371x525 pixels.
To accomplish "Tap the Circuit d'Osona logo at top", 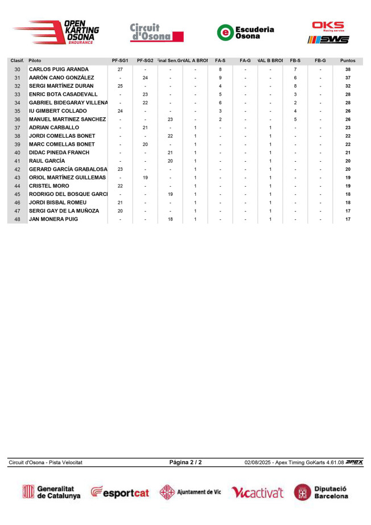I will click(157, 32).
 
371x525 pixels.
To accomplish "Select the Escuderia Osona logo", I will click(245, 32).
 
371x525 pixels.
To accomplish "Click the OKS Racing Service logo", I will click(328, 32).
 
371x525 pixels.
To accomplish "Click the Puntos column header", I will click(348, 60).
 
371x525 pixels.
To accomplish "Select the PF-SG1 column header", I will click(120, 60).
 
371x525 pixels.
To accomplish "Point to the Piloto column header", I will click(35, 60).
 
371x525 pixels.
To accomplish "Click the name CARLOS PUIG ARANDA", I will click(59, 69).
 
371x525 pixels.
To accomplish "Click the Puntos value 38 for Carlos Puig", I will click(348, 69).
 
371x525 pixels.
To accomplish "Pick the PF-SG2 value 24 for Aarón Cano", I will click(145, 78).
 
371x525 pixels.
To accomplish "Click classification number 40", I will click(17, 153).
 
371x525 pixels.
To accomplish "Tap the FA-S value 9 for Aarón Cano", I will click(220, 78).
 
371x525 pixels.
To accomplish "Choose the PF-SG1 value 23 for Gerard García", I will click(120, 170).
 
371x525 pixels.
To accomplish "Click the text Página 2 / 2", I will click(186, 462).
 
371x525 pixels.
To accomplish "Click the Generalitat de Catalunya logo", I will click(51, 493).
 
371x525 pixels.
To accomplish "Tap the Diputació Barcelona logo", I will click(321, 493).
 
